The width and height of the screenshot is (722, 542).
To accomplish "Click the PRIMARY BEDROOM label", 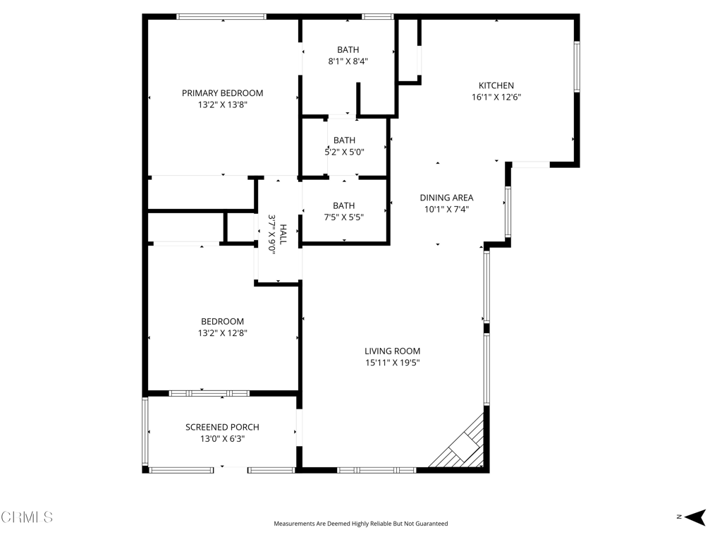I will pos(222,93).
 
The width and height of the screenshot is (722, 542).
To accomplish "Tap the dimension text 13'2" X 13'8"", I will pos(222,105).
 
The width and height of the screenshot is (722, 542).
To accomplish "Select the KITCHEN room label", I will pos(496,86).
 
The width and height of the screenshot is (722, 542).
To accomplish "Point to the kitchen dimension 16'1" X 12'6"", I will pos(496,97).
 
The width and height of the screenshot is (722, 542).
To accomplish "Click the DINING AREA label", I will pos(446,198).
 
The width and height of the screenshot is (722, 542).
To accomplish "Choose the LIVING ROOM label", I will pos(392,351).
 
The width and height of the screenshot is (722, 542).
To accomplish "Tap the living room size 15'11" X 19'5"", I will pos(392,363).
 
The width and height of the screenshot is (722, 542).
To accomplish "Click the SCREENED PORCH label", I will pos(222,427).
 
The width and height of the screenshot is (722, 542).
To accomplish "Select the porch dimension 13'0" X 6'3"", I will pos(222,438).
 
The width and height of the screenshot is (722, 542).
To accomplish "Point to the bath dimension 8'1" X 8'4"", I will pos(348,61).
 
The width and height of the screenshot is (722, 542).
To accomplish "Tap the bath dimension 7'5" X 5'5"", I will pos(344,217).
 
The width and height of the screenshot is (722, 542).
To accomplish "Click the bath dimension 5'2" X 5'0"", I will pos(344,152).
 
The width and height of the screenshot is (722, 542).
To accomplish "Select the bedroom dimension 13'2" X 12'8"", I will pos(222,333).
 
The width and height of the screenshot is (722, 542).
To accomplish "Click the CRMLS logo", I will pos(27,517).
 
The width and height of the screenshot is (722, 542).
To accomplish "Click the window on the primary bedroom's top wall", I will pos(221,16).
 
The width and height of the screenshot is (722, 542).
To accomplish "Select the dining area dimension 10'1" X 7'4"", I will pos(446,209).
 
